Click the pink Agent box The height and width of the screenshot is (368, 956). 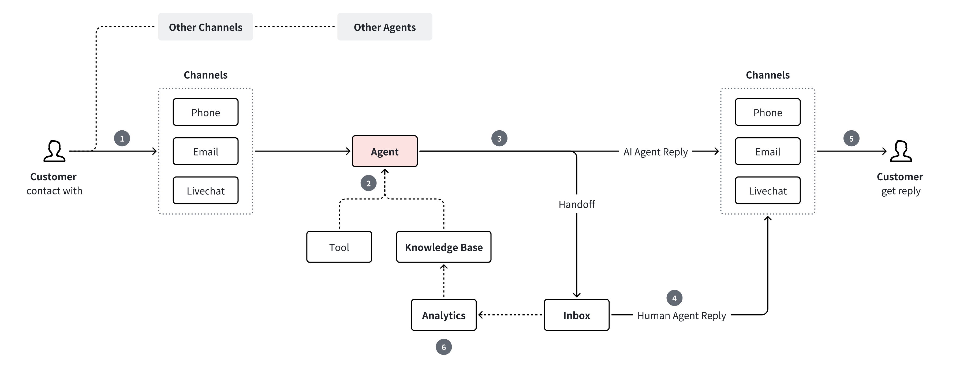384,151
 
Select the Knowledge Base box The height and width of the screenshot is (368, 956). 443,247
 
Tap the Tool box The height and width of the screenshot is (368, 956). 339,247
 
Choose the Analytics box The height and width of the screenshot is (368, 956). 443,315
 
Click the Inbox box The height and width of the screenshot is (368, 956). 576,315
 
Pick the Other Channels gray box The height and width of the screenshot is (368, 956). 205,27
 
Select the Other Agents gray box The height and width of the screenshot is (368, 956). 384,27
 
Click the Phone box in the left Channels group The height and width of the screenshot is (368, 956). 205,112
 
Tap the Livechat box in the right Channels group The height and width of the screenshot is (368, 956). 767,190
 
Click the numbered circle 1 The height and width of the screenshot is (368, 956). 122,138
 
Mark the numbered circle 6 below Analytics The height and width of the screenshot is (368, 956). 443,347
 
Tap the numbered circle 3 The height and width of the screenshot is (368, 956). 499,138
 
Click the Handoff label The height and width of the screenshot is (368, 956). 576,204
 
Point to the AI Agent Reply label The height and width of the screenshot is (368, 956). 655,152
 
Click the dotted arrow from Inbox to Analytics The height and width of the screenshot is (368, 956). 510,315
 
